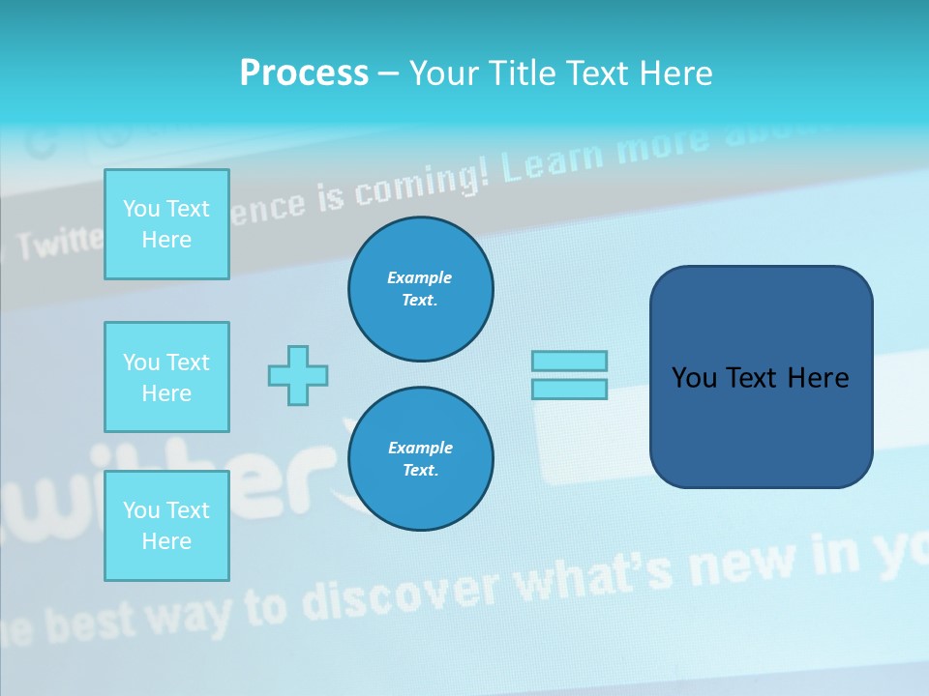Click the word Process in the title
point(304,73)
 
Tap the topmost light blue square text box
point(166,224)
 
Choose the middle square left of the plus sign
point(166,377)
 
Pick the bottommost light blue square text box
point(166,526)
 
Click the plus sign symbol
point(298,375)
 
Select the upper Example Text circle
point(420,289)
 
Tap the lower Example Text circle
point(420,459)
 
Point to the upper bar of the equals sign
point(569,361)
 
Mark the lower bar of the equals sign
point(569,389)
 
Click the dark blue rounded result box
point(761,377)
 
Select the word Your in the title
point(445,73)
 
